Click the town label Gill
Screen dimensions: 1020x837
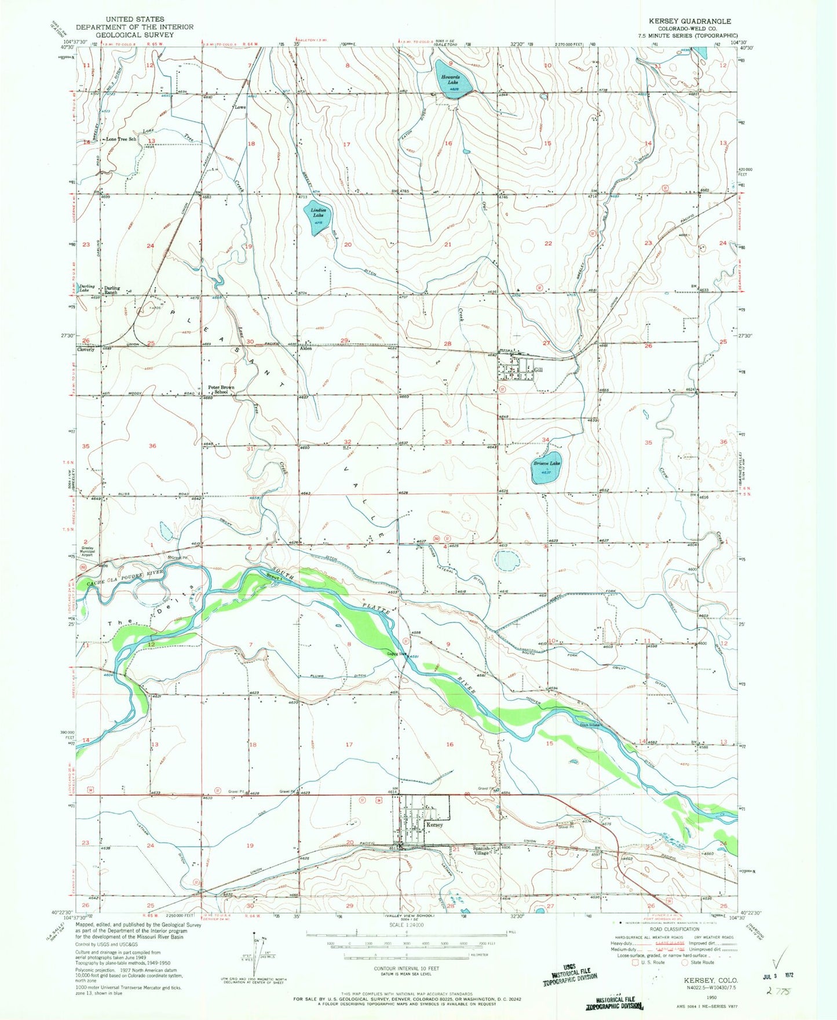(x=539, y=370)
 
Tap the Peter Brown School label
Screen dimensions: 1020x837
(x=221, y=389)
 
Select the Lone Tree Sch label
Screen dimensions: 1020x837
(x=121, y=140)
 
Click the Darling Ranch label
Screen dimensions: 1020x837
(x=112, y=290)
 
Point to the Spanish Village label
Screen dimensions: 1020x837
(x=482, y=850)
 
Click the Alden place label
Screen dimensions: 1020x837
(x=305, y=349)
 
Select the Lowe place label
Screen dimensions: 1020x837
(x=240, y=107)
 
